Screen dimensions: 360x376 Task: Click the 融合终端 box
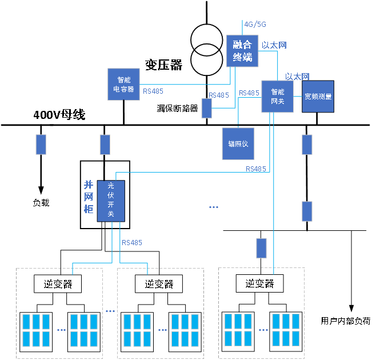pyautogui.click(x=242, y=51)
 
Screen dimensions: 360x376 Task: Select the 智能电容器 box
pyautogui.click(x=123, y=84)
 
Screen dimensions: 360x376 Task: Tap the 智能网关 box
pyautogui.click(x=277, y=96)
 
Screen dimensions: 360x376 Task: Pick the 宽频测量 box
pyautogui.click(x=318, y=96)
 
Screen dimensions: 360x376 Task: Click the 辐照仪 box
pyautogui.click(x=238, y=143)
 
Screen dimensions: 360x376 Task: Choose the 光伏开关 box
pyautogui.click(x=111, y=201)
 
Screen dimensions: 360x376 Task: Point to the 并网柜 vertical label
pyautogui.click(x=88, y=197)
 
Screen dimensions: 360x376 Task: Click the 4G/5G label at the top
pyautogui.click(x=255, y=25)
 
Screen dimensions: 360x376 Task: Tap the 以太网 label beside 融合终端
pyautogui.click(x=274, y=45)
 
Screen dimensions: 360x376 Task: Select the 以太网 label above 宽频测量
pyautogui.click(x=297, y=76)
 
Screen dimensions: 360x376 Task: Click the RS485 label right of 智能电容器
pyautogui.click(x=153, y=91)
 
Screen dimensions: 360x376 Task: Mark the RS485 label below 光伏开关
pyautogui.click(x=132, y=243)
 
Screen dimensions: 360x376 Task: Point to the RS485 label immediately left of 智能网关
pyautogui.click(x=249, y=93)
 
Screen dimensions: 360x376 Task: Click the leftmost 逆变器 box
pyautogui.click(x=58, y=283)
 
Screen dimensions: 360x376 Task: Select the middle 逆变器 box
pyautogui.click(x=158, y=283)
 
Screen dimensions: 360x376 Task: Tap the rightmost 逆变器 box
pyautogui.click(x=259, y=283)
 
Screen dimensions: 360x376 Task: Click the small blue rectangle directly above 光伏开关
pyautogui.click(x=105, y=145)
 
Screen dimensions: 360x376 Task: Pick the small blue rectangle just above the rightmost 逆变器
pyautogui.click(x=262, y=248)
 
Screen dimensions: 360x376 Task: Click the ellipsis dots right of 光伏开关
pyautogui.click(x=214, y=207)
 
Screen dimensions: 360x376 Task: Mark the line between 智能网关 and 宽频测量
pyautogui.click(x=298, y=96)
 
